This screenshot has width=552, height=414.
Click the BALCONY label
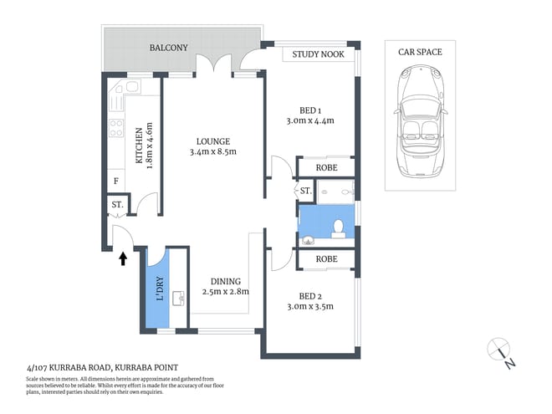pyautogui.click(x=168, y=49)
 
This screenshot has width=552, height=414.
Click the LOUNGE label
pyautogui.click(x=213, y=141)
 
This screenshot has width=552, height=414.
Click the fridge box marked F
pyautogui.click(x=115, y=181)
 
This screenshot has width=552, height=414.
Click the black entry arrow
pyautogui.click(x=124, y=258)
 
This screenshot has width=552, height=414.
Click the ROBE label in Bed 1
pyautogui.click(x=326, y=168)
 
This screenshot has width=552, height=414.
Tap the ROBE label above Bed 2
pyautogui.click(x=326, y=259)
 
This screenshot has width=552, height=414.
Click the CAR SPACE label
pyautogui.click(x=420, y=52)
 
